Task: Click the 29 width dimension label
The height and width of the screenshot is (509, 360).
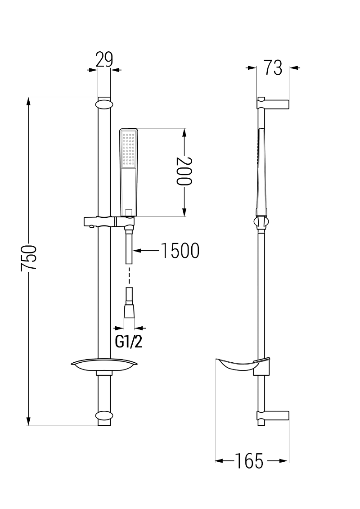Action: (x=104, y=60)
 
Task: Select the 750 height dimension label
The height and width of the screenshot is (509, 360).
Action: (x=28, y=257)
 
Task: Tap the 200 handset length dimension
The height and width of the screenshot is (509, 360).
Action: (x=184, y=171)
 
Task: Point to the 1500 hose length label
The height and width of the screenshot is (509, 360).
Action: (x=180, y=251)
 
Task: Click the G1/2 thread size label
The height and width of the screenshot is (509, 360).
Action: (x=129, y=342)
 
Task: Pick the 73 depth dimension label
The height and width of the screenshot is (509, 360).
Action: (x=273, y=68)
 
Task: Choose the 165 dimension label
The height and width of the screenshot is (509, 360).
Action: (x=249, y=461)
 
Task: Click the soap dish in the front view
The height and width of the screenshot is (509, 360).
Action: (x=104, y=366)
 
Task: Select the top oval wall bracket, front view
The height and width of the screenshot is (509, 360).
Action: (x=104, y=104)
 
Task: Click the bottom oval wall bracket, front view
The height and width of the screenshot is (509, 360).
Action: (x=104, y=416)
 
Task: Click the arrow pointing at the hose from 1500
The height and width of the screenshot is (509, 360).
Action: (x=146, y=251)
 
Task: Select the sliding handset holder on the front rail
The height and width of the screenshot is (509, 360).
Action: (x=109, y=222)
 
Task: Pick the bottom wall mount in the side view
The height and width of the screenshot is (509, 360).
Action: (x=273, y=416)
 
